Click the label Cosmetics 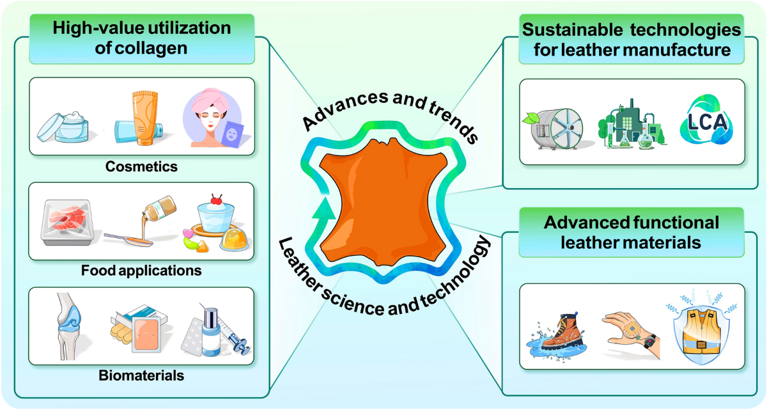142,167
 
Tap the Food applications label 141,271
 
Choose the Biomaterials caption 142,375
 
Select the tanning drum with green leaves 555,128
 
